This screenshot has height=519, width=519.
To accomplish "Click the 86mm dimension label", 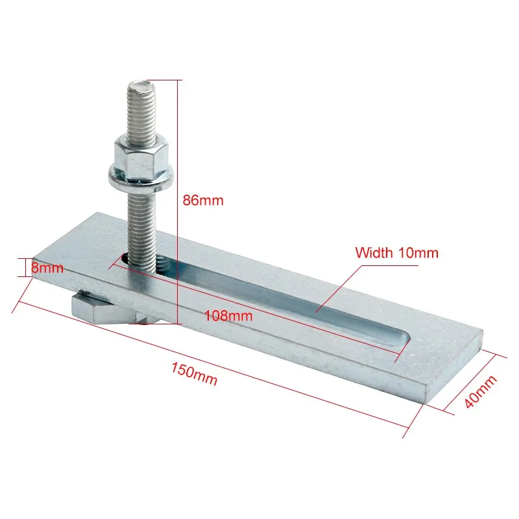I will (202, 200).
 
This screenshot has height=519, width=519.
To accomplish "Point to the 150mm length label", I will (195, 376).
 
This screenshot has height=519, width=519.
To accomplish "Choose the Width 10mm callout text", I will (396, 253).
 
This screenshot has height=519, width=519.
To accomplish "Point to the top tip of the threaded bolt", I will (139, 84).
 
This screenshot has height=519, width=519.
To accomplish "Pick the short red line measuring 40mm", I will (473, 382).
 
